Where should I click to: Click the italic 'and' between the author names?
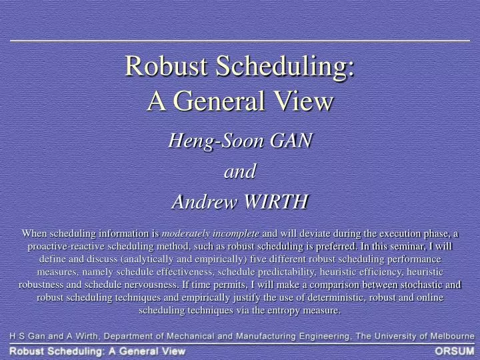tap(239, 171)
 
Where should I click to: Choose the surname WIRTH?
tap(277, 201)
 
